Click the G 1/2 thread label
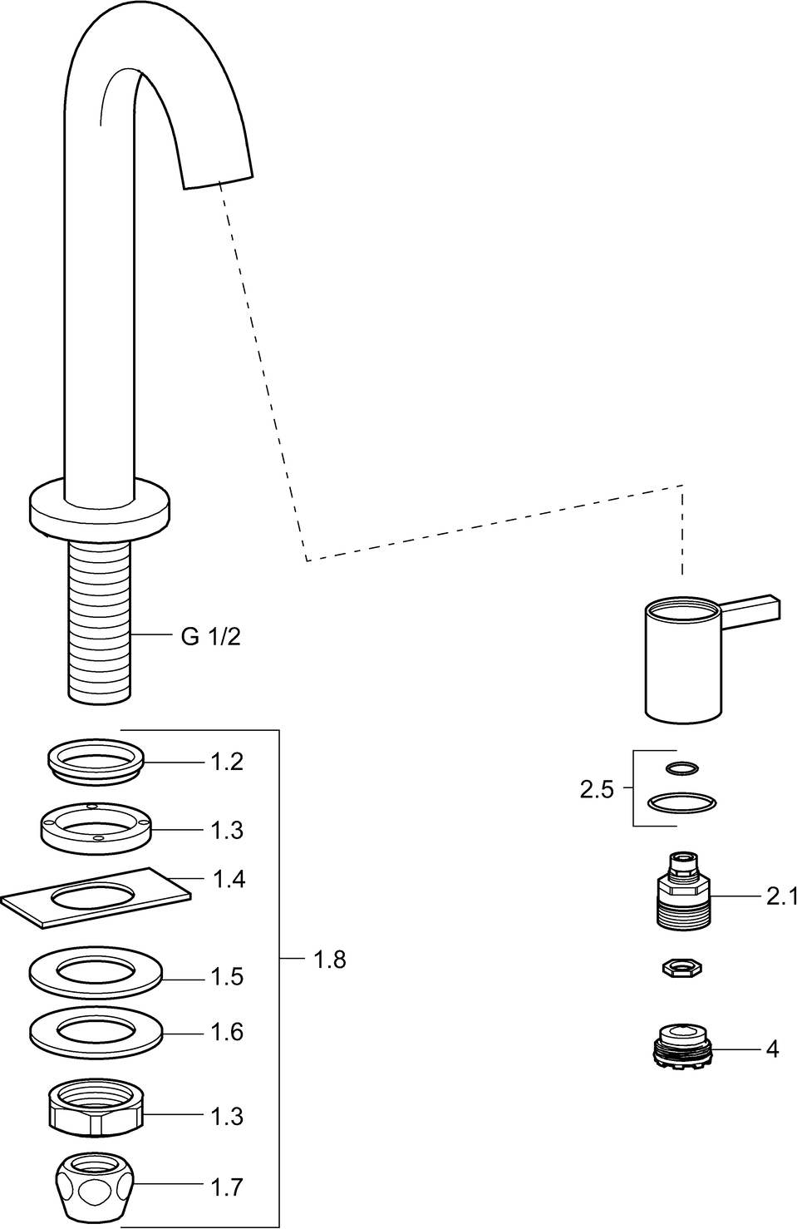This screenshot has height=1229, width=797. [x=210, y=637]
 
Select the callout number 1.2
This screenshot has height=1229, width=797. [x=226, y=762]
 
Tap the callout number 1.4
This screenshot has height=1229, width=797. [x=229, y=879]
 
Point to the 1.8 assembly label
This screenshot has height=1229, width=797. [x=329, y=960]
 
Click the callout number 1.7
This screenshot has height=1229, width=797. [x=226, y=1187]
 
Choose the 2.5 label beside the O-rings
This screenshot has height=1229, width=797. [x=596, y=789]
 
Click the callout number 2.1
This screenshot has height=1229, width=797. [x=780, y=896]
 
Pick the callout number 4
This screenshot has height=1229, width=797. [x=772, y=1050]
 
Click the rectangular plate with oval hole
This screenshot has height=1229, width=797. [x=96, y=896]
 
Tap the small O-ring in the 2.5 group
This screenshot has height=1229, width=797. [x=682, y=768]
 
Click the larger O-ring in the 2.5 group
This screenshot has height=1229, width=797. [x=681, y=802]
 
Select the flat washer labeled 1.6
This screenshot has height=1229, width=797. [x=96, y=1032]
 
